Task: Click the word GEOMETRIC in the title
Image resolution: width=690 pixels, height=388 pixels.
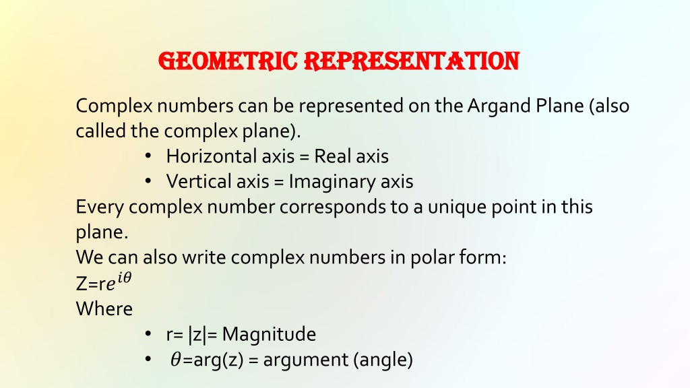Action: pyautogui.click(x=228, y=61)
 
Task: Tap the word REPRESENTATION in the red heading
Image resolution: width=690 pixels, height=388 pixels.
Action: pyautogui.click(x=412, y=61)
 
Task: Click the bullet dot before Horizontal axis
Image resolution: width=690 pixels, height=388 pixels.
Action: pyautogui.click(x=148, y=156)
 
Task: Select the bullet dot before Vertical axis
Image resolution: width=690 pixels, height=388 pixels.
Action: pyautogui.click(x=148, y=181)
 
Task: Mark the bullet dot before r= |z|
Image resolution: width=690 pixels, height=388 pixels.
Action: pyautogui.click(x=148, y=333)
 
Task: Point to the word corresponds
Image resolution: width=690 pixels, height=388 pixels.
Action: pyautogui.click(x=332, y=207)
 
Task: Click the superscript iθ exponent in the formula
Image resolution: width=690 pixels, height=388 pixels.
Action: pyautogui.click(x=125, y=278)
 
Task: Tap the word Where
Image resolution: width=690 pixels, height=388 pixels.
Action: pyautogui.click(x=104, y=309)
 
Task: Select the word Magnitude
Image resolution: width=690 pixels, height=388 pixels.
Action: pyautogui.click(x=269, y=335)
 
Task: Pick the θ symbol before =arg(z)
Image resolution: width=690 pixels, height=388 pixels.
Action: pyautogui.click(x=176, y=360)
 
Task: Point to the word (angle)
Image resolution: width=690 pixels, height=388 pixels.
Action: pyautogui.click(x=383, y=360)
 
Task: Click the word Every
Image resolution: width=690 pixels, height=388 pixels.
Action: pyautogui.click(x=100, y=207)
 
